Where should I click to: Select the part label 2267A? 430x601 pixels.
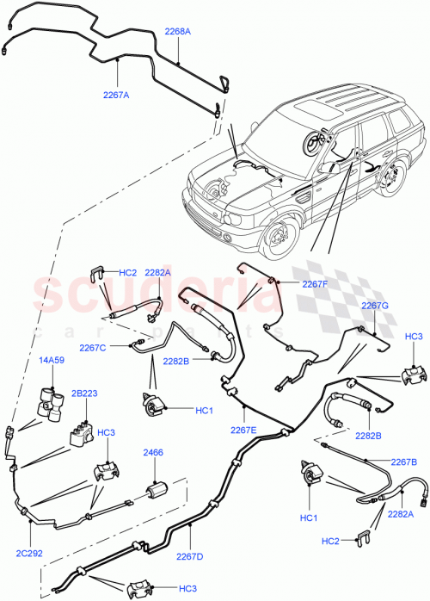[115, 96]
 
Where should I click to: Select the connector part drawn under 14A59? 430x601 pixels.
[52, 401]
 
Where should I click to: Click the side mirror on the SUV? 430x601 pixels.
[326, 169]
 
